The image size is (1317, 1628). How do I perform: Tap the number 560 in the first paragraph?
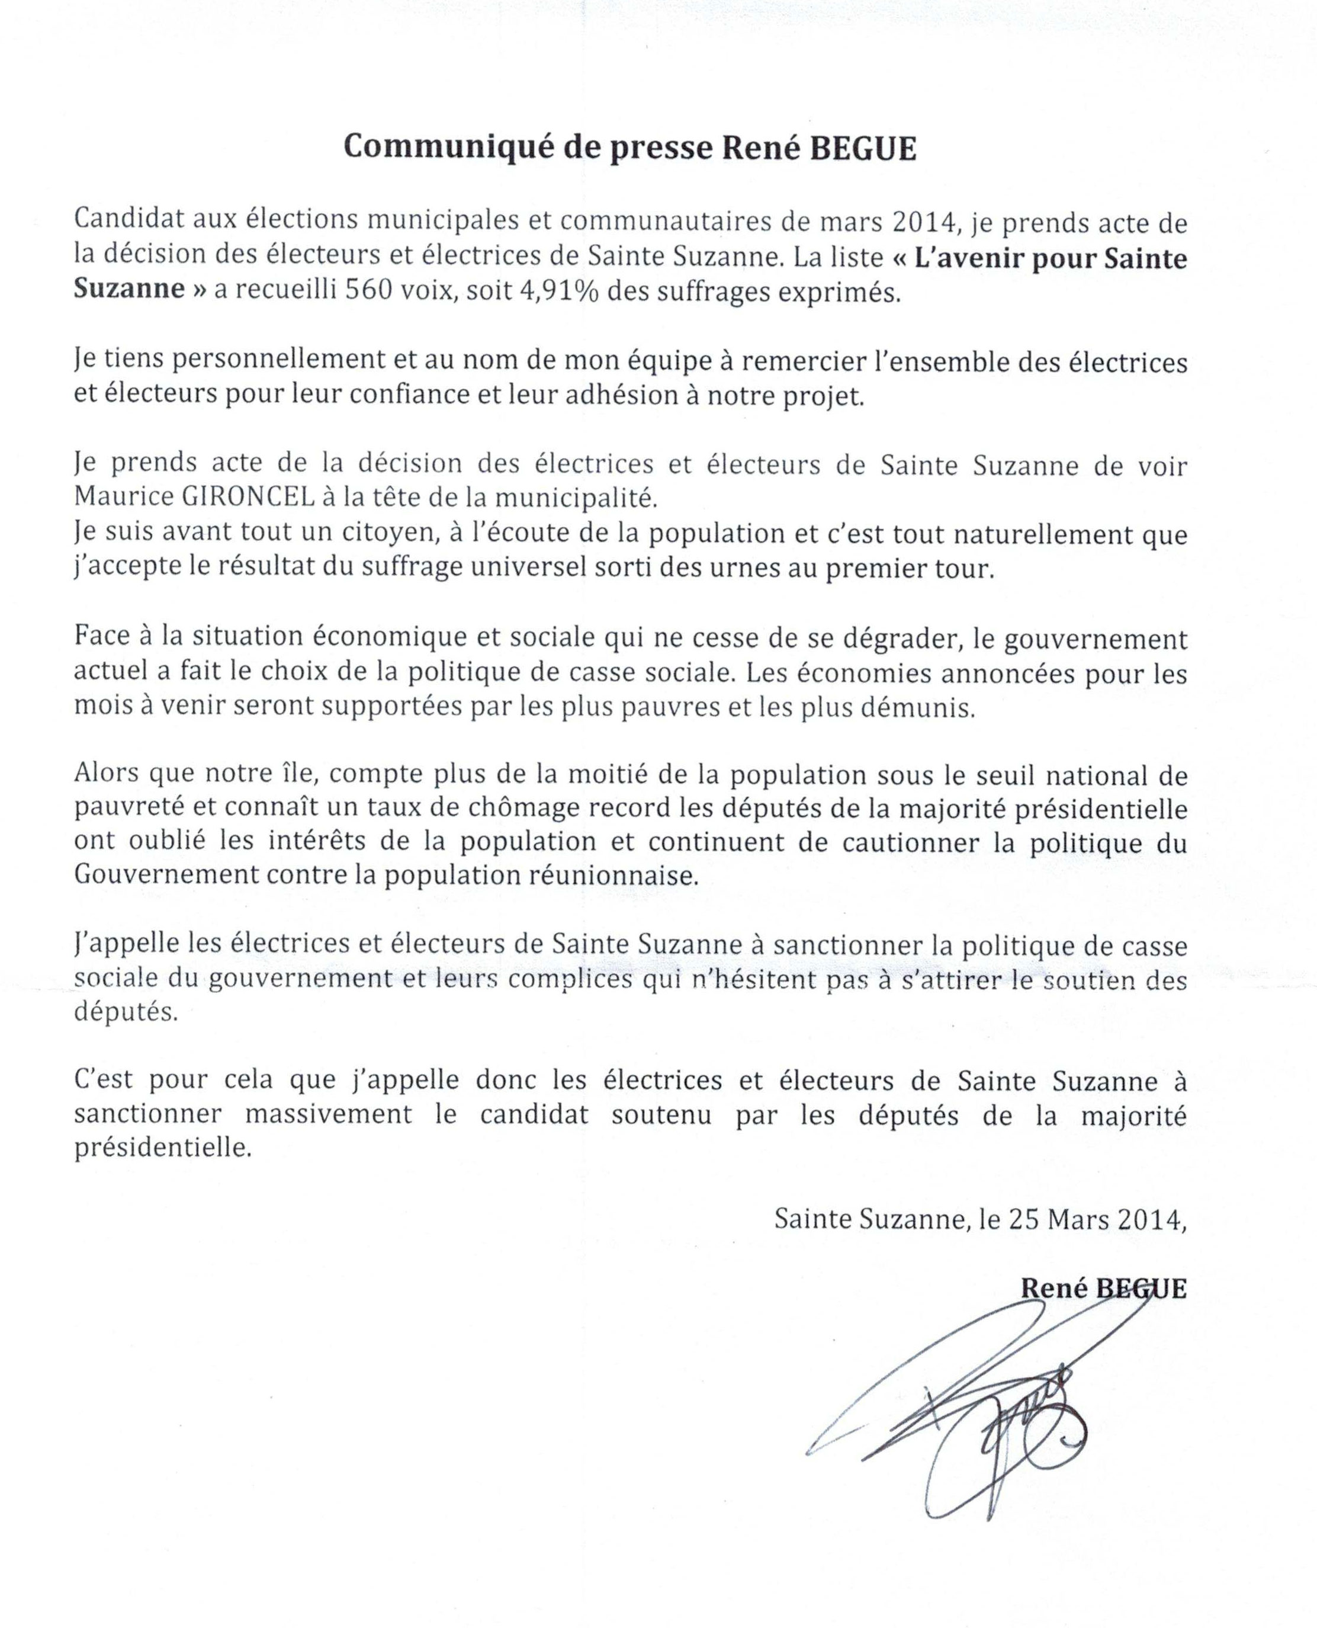pos(370,291)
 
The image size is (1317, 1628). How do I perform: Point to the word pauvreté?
pos(126,807)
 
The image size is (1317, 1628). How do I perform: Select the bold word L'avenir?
pos(958,259)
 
